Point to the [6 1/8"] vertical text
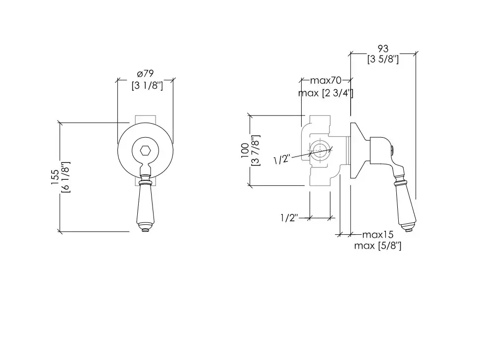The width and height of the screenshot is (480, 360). coord(66,177)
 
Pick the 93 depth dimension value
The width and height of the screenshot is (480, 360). coord(382,49)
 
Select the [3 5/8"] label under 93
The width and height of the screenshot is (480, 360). coord(383,59)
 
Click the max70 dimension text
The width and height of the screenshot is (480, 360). coord(326,80)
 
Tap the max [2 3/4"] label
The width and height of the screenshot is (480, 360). coord(325,93)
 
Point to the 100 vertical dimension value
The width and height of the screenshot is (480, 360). coord(245,151)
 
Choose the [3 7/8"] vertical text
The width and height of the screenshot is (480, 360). coord(255,151)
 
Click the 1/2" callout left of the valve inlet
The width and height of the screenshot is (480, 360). coord(281,159)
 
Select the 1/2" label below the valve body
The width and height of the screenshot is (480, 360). coord(288,218)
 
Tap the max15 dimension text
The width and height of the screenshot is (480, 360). coord(377,234)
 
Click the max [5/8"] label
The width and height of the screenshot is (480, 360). coord(377,246)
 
